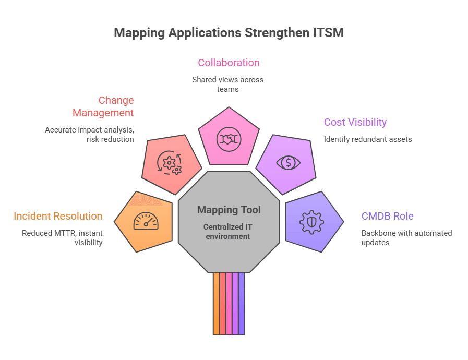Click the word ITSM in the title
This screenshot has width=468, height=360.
pyautogui.click(x=328, y=32)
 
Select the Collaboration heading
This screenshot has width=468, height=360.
pyautogui.click(x=229, y=63)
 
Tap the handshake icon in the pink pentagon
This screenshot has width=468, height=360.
pyautogui.click(x=229, y=139)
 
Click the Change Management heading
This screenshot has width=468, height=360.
pyautogui.click(x=103, y=106)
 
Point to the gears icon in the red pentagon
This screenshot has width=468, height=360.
pyautogui.click(x=169, y=163)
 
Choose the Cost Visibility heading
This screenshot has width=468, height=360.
pyautogui.click(x=355, y=122)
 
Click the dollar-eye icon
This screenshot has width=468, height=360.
pyautogui.click(x=289, y=163)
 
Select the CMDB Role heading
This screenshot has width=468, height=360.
pyautogui.click(x=388, y=216)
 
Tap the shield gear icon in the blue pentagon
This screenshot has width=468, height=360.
pyautogui.click(x=311, y=222)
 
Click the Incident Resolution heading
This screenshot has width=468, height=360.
pyautogui.click(x=58, y=216)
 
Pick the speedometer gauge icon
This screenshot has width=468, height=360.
pyautogui.click(x=146, y=221)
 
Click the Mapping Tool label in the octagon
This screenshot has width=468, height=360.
pyautogui.click(x=229, y=210)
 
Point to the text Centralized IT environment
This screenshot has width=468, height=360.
pyautogui.click(x=227, y=231)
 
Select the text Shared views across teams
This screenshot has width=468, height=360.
pyautogui.click(x=227, y=85)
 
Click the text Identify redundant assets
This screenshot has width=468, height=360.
pyautogui.click(x=368, y=139)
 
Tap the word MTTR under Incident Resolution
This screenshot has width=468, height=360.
pyautogui.click(x=65, y=233)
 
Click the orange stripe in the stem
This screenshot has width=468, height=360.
pyautogui.click(x=217, y=304)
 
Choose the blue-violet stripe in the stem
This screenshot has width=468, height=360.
pyautogui.click(x=242, y=304)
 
